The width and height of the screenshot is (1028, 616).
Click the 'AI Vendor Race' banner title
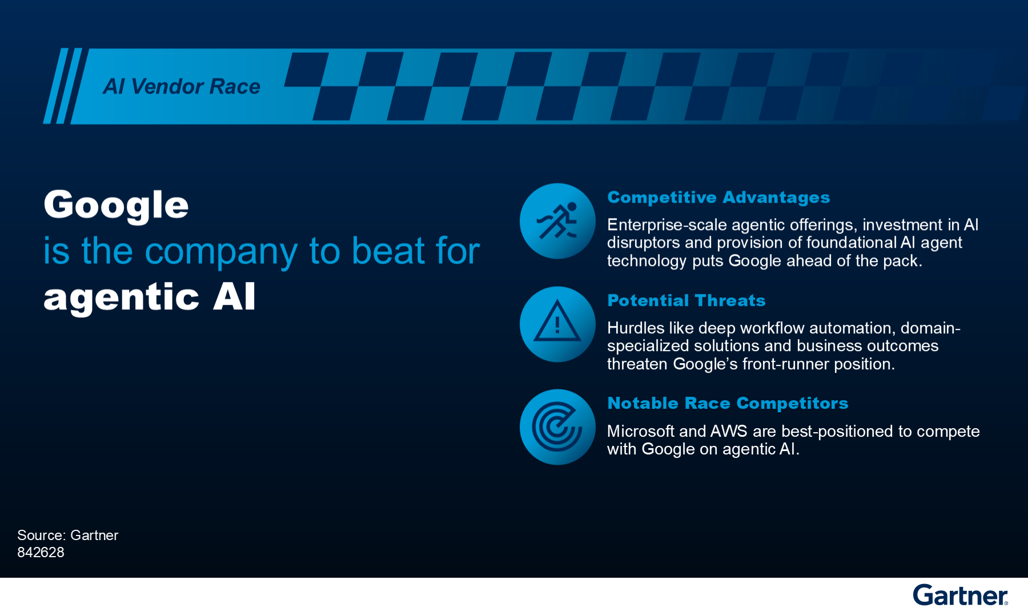(182, 86)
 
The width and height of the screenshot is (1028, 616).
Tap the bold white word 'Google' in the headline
(116, 206)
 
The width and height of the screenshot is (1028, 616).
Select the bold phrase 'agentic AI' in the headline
(150, 297)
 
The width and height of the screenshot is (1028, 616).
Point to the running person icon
(557, 221)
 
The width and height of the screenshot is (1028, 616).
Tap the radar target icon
(557, 427)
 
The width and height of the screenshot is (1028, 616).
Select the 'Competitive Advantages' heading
(718, 198)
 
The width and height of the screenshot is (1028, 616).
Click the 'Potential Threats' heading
(686, 300)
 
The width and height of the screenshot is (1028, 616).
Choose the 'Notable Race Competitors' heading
(728, 403)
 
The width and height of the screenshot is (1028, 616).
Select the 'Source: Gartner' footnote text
(67, 535)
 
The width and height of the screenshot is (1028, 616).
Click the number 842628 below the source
(41, 552)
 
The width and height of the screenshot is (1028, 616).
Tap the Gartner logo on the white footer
(961, 595)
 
